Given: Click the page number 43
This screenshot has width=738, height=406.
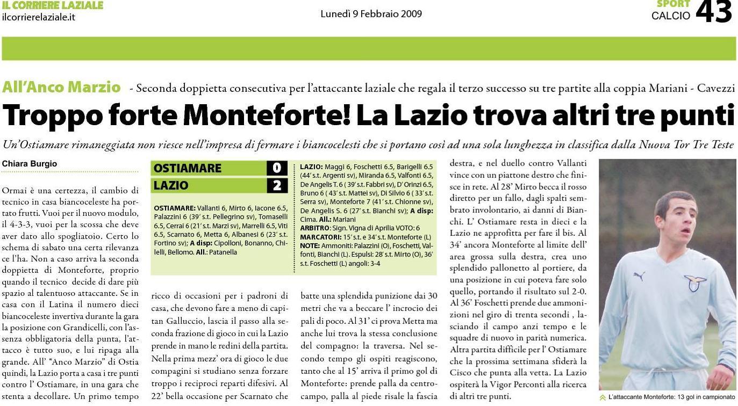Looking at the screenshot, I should tap(713, 12).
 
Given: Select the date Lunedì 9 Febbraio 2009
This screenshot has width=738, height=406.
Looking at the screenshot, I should tap(371, 14).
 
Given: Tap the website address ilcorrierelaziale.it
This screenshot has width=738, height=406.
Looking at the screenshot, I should tap(38, 17).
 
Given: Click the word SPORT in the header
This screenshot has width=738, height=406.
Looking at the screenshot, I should tap(673, 4).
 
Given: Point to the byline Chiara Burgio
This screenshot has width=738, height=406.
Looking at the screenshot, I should tap(30, 164).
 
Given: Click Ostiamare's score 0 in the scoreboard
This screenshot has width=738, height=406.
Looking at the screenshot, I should tap(277, 168).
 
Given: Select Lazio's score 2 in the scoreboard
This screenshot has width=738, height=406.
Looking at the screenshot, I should tap(277, 186).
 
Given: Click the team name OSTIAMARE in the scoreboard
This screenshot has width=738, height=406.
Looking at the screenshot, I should tap(188, 168).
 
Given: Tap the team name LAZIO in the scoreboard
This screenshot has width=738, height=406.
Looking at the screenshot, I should tap(171, 186).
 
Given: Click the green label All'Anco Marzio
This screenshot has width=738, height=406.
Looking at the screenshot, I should tap(61, 87).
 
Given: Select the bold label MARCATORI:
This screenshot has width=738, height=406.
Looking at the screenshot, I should tap(320, 236).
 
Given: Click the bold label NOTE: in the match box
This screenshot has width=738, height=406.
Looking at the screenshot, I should tap(310, 245).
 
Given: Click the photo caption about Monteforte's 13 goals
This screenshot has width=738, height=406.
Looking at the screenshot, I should tap(671, 397).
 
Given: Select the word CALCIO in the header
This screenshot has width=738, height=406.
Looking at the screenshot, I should tap(670, 16).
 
